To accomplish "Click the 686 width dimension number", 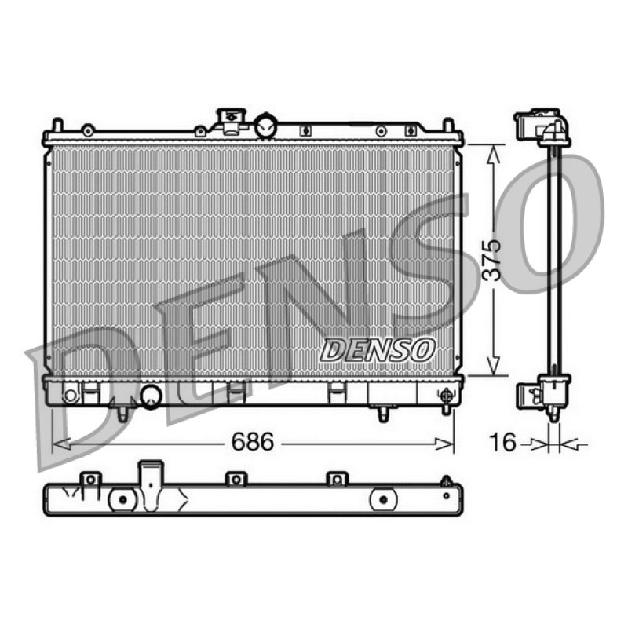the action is tap(253, 442).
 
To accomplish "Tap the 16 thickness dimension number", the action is tap(502, 442).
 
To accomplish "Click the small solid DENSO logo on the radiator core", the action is tap(378, 349).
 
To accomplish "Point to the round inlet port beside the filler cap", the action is tap(266, 126).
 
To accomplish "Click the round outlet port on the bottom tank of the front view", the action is tap(152, 396).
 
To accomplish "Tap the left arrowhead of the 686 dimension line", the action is tap(61, 444).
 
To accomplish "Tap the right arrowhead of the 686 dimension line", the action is tap(444, 444).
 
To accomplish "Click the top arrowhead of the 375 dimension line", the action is tap(494, 154).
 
